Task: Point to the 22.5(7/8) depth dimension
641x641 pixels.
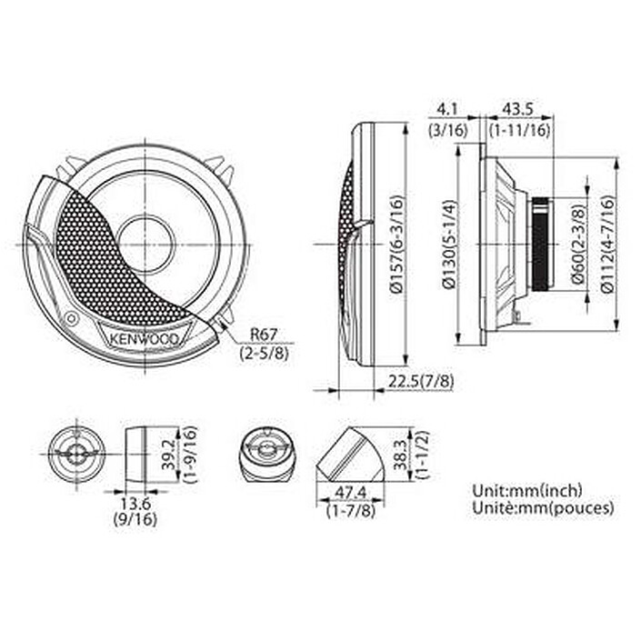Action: (419, 382)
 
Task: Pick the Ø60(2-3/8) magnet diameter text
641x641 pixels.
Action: (578, 246)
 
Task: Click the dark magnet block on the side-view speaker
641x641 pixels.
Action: (540, 245)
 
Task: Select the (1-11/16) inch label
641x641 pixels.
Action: (520, 130)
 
